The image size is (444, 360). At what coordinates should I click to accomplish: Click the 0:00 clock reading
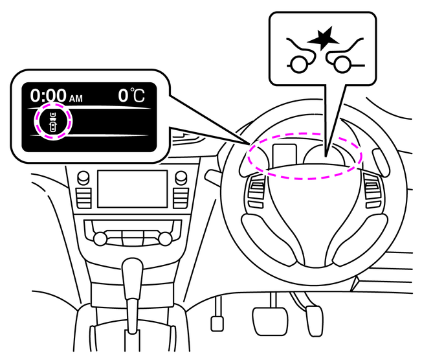(49, 95)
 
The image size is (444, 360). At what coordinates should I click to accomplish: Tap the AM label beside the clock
(76, 99)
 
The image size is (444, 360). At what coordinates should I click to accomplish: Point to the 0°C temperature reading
(131, 95)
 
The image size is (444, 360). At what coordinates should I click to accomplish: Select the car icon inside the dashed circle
(53, 122)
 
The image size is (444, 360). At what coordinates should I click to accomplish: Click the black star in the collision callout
(323, 38)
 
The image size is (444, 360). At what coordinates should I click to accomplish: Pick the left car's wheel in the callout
(299, 65)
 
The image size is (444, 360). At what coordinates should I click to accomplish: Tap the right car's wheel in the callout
(342, 64)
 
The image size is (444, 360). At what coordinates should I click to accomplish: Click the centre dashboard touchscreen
(132, 189)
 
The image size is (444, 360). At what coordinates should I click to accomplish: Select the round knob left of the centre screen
(83, 177)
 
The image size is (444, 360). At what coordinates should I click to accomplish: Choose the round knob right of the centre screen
(181, 177)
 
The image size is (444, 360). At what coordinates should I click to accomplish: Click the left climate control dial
(100, 238)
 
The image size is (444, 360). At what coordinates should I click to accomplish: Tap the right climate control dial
(165, 238)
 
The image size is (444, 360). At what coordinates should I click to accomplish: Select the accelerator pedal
(315, 321)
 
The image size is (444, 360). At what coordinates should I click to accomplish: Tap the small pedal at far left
(217, 324)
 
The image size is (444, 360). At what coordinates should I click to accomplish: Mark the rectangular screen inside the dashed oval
(285, 156)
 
